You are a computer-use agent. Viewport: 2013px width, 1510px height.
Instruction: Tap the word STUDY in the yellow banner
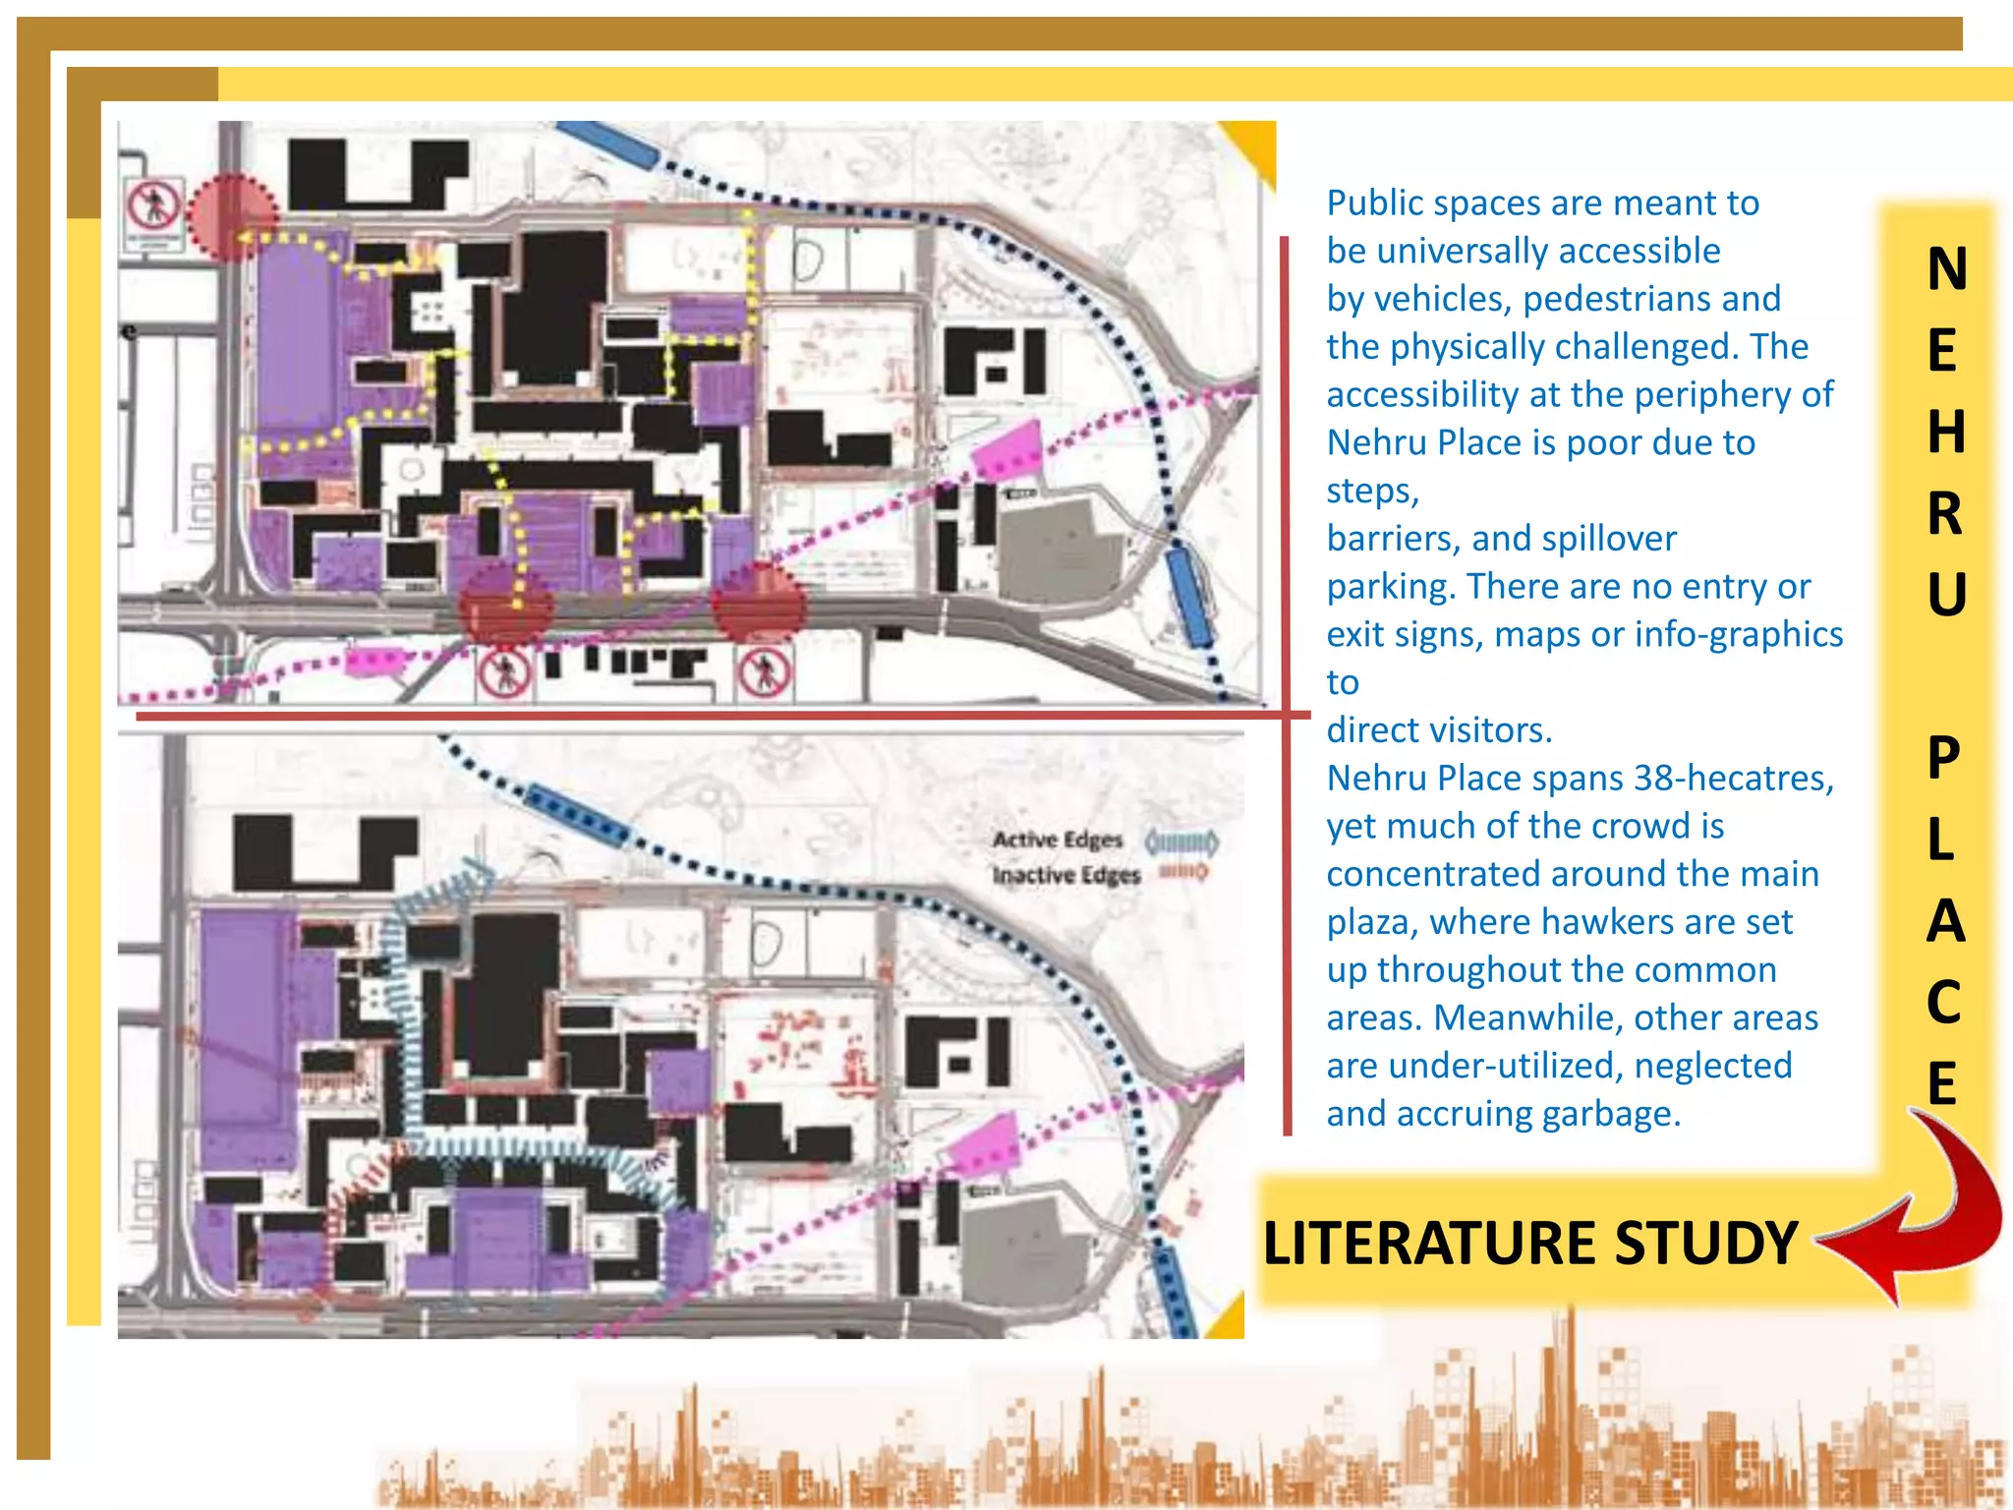coord(1705,1244)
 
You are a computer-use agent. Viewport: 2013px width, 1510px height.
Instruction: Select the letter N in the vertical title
coord(1946,269)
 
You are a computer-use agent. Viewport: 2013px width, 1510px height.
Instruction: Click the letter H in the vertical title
coord(1946,433)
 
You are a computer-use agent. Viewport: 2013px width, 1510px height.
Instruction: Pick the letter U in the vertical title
coord(1946,596)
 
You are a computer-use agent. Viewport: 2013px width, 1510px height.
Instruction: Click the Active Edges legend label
coord(1057,840)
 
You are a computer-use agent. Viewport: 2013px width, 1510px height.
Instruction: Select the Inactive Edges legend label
coord(1065,875)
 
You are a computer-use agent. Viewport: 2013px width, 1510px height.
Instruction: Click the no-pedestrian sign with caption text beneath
coord(153,210)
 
